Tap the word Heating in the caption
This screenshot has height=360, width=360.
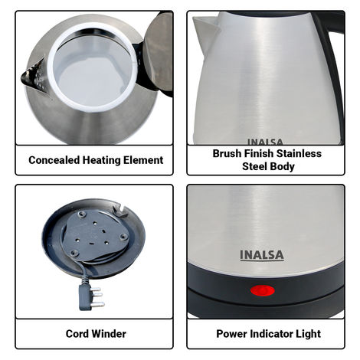(x=104, y=160)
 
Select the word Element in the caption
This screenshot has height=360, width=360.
(x=145, y=160)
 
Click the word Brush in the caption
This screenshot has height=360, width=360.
(x=228, y=153)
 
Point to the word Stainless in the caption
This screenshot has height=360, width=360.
(x=298, y=153)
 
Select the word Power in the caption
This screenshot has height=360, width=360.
(x=232, y=334)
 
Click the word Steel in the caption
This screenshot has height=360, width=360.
(x=256, y=165)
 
